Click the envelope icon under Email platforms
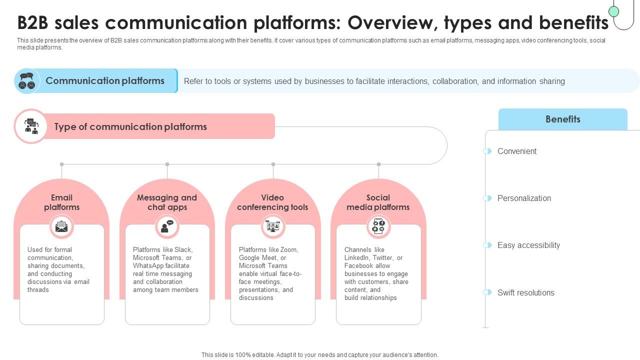tap(61, 226)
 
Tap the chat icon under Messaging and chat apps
tap(167, 226)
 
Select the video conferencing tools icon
tap(273, 226)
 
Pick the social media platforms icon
tap(378, 226)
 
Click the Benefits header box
tap(562, 119)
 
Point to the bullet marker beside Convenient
tap(487, 151)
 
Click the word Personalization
tap(524, 198)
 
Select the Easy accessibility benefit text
tap(528, 245)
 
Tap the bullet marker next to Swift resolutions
tap(487, 292)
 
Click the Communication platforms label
tap(105, 81)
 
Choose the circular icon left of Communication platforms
tap(26, 81)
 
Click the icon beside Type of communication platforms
tap(31, 126)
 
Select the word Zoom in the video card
tap(288, 250)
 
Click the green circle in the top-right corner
tap(614, 11)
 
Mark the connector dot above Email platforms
tap(61, 164)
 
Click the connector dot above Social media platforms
tap(378, 164)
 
